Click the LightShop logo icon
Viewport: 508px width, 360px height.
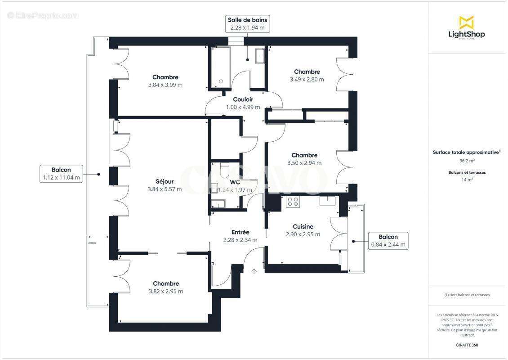[x=466, y=22]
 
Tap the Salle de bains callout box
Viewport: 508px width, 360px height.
[x=247, y=24]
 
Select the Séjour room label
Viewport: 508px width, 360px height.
[x=165, y=181]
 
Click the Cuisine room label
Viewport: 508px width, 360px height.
[x=303, y=226]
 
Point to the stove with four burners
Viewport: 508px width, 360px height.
[x=293, y=201]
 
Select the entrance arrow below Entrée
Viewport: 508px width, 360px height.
[x=254, y=271]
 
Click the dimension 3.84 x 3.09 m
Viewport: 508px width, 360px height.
[x=165, y=85]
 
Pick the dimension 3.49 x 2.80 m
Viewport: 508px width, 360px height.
[x=307, y=80]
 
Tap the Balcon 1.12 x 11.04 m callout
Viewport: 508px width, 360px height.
[x=61, y=174]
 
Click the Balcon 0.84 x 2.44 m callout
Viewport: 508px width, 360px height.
[x=388, y=241]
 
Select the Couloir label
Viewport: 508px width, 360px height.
[x=243, y=99]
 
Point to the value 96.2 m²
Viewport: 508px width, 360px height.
[x=467, y=161]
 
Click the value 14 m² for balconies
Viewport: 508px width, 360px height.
[x=467, y=180]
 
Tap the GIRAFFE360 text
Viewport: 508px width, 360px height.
[x=467, y=345]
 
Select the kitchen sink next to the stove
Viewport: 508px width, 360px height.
[x=327, y=200]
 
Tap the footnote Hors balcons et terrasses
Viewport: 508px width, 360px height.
[x=467, y=295]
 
